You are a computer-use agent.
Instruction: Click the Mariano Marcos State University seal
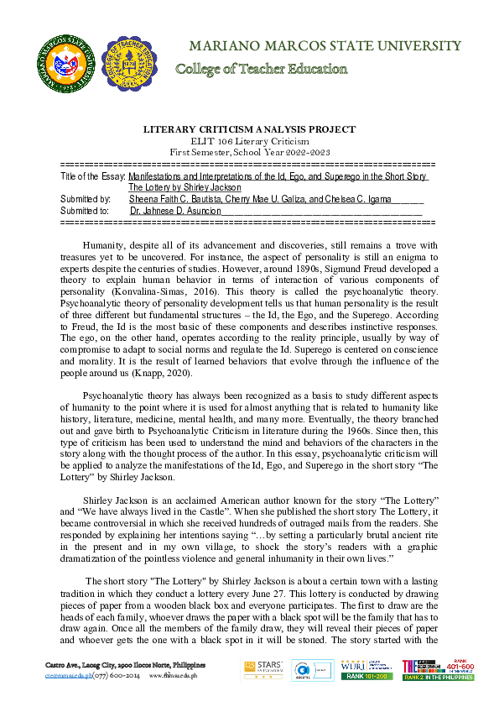tap(65, 60)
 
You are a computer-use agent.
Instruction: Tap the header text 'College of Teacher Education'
tap(261, 69)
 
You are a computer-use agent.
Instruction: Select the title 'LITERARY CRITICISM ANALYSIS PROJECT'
tap(249, 129)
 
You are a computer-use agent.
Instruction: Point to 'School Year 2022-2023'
tap(283, 152)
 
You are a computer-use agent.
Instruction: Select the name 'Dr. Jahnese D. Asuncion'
tap(176, 212)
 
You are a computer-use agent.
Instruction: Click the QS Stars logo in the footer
tap(262, 668)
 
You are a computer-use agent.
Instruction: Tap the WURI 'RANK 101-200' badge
tap(366, 676)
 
